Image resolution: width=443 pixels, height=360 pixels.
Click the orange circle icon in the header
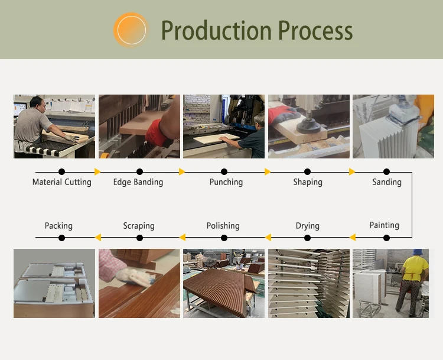131,30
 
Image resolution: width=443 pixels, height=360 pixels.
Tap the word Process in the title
315,30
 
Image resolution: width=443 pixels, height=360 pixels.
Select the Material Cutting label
62,182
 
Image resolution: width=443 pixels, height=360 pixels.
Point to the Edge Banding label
138,182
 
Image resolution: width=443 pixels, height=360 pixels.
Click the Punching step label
226,182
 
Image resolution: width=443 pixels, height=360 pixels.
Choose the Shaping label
308,182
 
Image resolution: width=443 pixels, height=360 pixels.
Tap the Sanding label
387,182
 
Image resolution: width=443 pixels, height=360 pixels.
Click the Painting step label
385,225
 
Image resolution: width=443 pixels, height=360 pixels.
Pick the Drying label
308,226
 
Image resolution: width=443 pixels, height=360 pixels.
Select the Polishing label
223,226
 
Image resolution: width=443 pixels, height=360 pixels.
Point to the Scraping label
139,226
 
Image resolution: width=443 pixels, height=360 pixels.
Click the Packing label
58,226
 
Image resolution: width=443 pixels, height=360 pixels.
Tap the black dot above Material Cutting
62,172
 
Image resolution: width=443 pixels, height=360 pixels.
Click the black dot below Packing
62,238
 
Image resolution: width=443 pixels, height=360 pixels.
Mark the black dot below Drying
308,238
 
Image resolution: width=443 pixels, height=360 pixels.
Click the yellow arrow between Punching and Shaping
268,172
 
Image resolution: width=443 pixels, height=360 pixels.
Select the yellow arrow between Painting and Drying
353,238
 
